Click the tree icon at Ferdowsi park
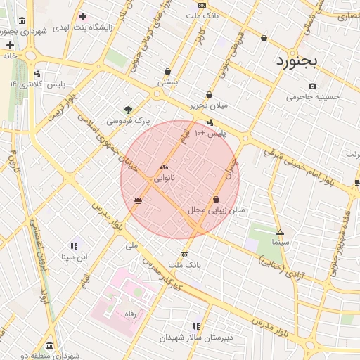point(128,110)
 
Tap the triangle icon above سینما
point(280,231)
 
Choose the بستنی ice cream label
point(167,82)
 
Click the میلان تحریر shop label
point(209,105)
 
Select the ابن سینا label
point(73,257)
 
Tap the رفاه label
point(129,313)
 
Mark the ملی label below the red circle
point(131,246)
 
